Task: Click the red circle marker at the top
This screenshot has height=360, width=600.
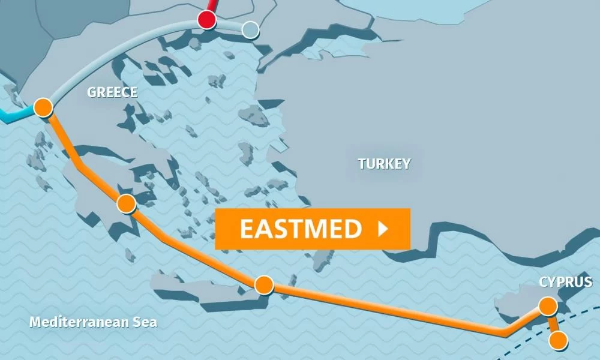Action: (206, 20)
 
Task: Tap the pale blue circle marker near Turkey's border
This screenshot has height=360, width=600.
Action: (250, 29)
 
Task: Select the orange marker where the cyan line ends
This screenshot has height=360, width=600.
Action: (43, 107)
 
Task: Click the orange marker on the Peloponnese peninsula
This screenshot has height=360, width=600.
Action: (126, 204)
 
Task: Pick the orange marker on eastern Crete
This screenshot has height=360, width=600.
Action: (263, 284)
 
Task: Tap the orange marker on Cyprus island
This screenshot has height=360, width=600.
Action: (548, 307)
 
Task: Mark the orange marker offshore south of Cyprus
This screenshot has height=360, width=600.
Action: (558, 341)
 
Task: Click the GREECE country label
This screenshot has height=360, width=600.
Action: (112, 92)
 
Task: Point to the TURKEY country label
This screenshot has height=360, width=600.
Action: (384, 163)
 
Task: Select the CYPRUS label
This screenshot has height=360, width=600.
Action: (565, 282)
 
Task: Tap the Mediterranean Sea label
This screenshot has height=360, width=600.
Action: (93, 322)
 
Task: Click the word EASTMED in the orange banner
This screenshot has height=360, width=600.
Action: (301, 229)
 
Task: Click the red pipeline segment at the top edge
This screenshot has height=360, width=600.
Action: (211, 5)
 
